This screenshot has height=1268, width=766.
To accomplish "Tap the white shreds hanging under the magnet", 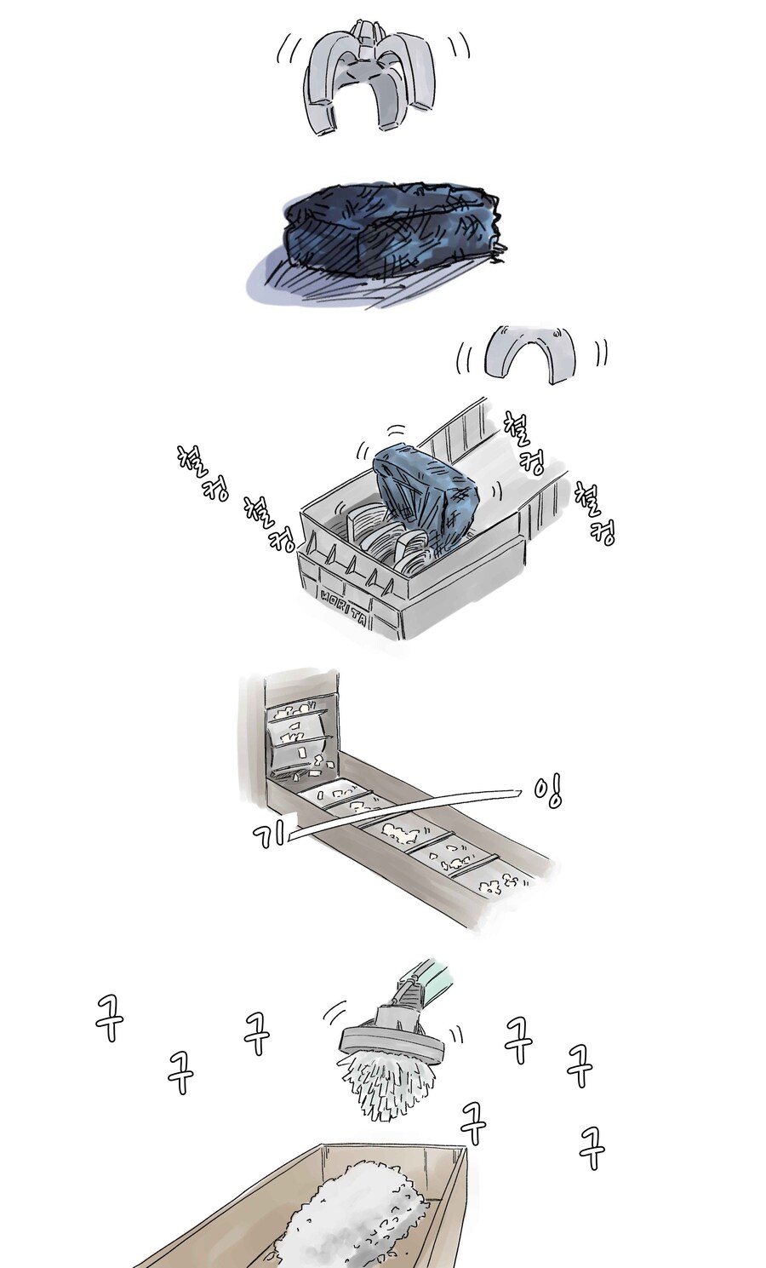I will (390, 1086).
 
